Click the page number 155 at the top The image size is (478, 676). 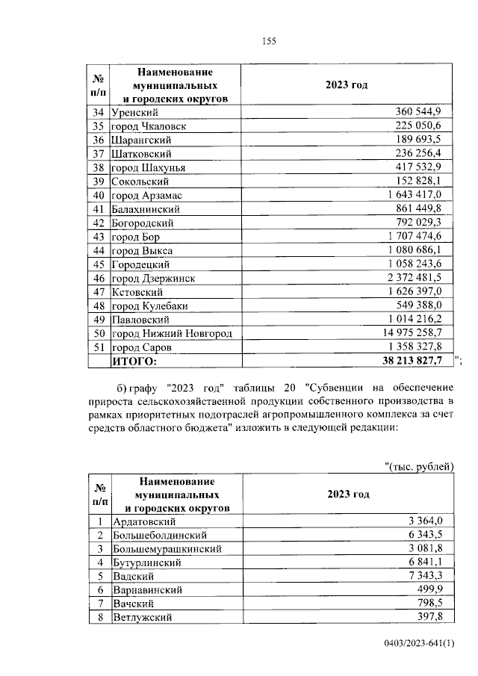(269, 42)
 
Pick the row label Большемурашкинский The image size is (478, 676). (167, 549)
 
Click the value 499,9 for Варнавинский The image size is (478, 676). (434, 590)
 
